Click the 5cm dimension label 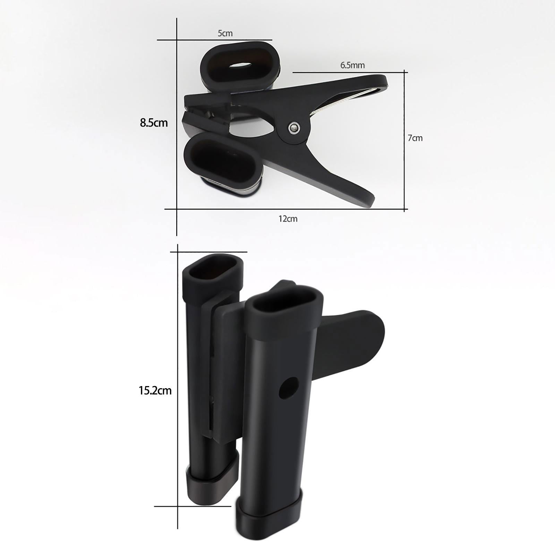point(225,34)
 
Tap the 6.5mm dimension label point(352,65)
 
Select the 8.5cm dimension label point(154,123)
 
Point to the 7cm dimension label point(415,138)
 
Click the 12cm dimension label point(288,219)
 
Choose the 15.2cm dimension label point(155,391)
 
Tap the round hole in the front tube point(289,388)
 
